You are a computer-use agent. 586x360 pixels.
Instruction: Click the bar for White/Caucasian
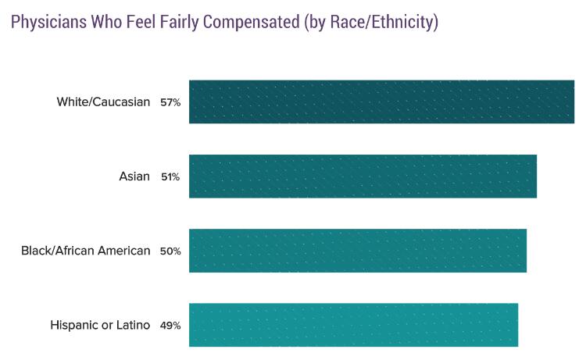381,102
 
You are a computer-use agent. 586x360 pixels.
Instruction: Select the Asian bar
363,176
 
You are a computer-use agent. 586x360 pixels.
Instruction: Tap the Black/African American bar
358,250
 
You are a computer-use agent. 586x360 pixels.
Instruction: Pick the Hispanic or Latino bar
353,324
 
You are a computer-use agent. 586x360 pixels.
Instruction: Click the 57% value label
170,102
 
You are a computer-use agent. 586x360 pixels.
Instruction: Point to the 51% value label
170,176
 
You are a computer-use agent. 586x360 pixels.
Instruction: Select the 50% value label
170,251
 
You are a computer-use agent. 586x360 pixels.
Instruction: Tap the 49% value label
170,325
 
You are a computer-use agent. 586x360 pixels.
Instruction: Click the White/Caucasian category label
103,102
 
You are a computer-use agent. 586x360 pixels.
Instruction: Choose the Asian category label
134,176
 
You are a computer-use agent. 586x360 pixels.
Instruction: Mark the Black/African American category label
86,250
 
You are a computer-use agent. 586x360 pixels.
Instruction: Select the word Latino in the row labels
132,324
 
